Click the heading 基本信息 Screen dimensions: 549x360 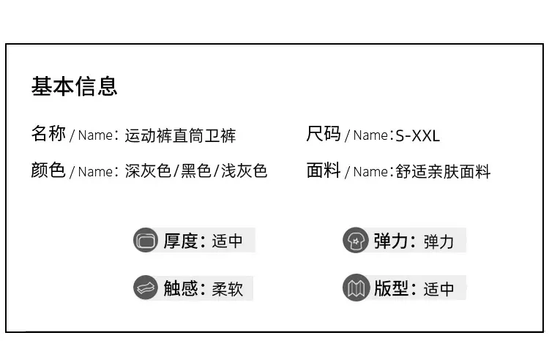[x=74, y=86]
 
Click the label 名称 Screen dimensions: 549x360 [x=48, y=134]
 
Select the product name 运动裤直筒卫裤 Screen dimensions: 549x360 [x=180, y=136]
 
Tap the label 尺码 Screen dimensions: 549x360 [x=324, y=134]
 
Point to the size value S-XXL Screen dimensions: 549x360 [x=417, y=136]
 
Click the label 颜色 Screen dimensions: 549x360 [x=48, y=170]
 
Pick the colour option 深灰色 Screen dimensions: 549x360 [x=148, y=171]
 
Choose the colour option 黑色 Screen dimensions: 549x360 [x=196, y=171]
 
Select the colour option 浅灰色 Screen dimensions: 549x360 [x=244, y=171]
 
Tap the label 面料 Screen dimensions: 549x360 [x=324, y=170]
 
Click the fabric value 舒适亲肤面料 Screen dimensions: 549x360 [x=443, y=172]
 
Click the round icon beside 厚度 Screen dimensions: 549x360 [x=146, y=240]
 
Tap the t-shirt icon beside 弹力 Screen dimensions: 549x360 [x=355, y=240]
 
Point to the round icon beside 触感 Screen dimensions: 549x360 [x=146, y=288]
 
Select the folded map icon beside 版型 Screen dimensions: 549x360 [x=355, y=288]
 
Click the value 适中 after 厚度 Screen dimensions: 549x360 [x=227, y=241]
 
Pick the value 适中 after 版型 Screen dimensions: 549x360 [x=438, y=289]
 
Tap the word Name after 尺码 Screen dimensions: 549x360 [x=370, y=135]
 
